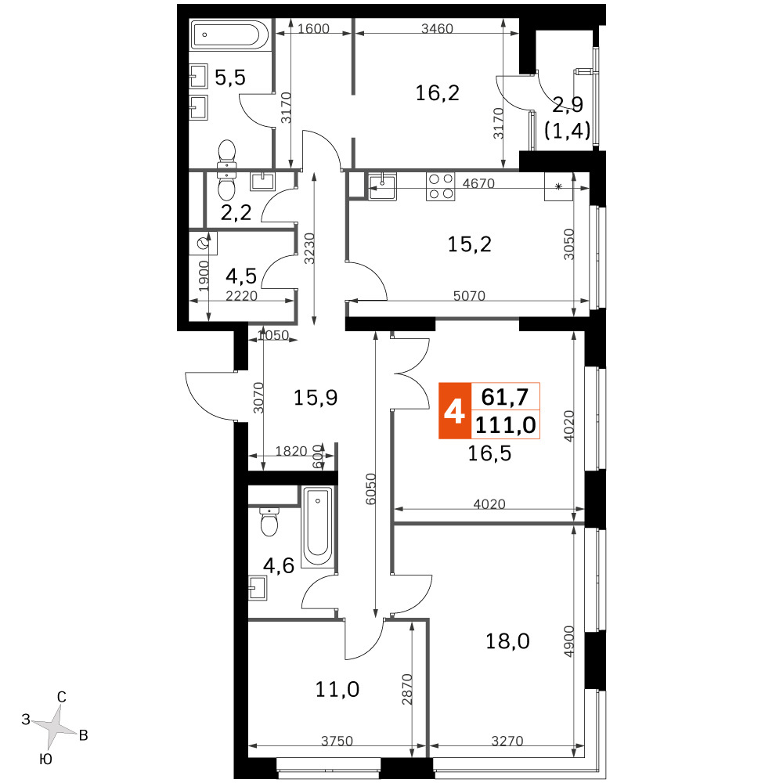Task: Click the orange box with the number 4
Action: pos(454,410)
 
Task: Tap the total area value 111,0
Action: pos(505,425)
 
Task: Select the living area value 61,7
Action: pos(505,397)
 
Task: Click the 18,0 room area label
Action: pos(507,640)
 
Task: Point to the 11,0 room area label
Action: pos(337,689)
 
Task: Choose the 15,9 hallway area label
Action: pos(315,398)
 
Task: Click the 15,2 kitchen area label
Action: pos(469,244)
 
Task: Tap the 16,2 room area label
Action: pos(438,93)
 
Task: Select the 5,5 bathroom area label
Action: pos(230,78)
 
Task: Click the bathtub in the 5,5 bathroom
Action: pos(230,34)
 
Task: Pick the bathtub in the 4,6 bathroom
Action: pos(318,526)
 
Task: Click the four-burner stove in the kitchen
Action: pos(440,186)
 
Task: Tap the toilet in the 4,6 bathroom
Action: pos(269,521)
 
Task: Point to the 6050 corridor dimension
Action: pos(370,489)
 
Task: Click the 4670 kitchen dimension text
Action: pos(478,183)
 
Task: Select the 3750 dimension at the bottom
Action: pos(337,741)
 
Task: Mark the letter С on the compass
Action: pos(61,697)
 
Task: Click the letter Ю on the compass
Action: pos(45,760)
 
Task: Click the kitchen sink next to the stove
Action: pos(383,186)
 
